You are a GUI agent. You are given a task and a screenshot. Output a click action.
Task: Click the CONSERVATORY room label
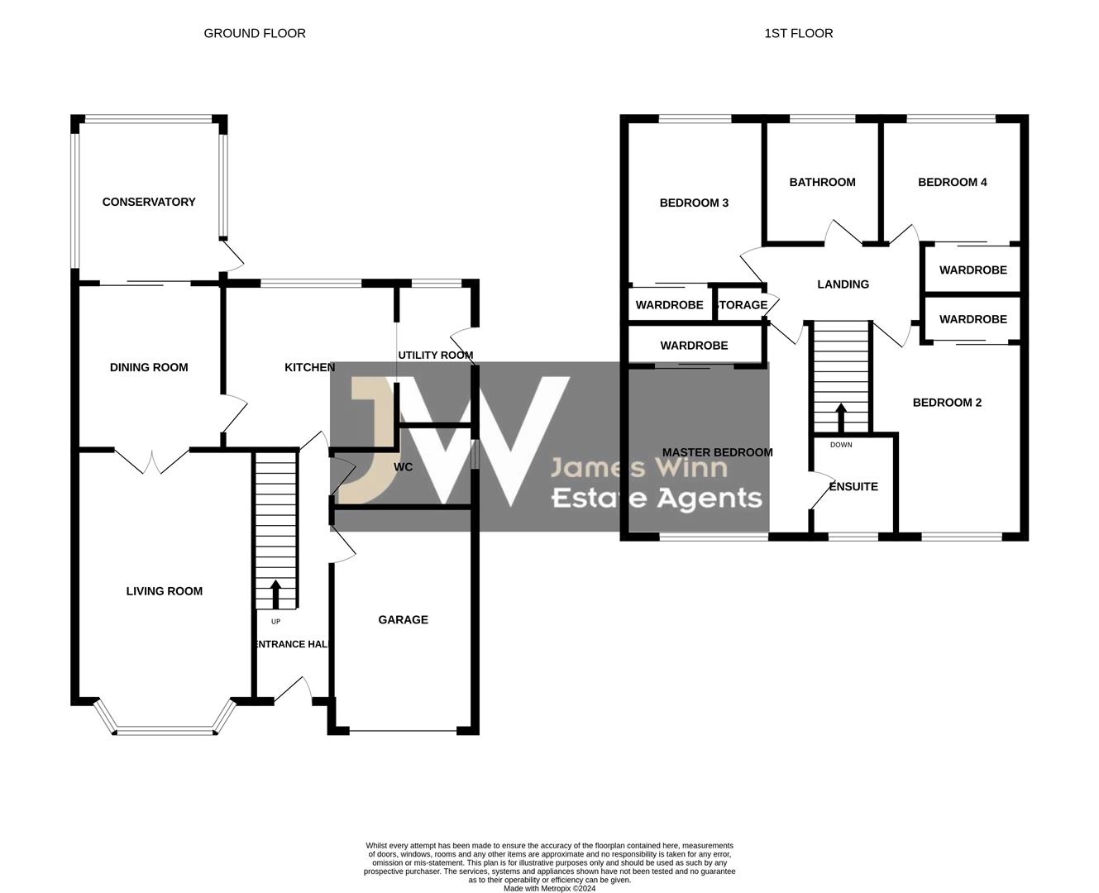149,202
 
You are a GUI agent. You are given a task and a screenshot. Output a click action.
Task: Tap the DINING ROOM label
149,367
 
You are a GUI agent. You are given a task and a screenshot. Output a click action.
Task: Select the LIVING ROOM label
164,591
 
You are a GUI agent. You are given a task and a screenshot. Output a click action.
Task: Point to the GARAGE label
403,619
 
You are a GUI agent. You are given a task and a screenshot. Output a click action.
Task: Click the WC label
403,467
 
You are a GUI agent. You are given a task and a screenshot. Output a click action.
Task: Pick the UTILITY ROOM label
436,355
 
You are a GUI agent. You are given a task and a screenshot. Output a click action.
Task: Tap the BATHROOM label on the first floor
822,182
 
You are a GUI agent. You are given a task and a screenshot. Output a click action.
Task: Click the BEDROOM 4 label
952,182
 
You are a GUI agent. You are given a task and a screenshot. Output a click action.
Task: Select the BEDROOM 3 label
694,203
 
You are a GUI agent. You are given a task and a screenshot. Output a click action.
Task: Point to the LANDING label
843,284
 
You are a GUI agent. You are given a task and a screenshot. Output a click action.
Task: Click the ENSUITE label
853,486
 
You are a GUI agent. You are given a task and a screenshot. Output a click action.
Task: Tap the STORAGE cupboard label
742,305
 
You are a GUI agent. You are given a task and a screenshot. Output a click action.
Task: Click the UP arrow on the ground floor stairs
275,595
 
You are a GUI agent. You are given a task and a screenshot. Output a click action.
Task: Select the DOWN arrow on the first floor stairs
841,418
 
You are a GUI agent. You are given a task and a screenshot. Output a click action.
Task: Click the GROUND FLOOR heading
255,34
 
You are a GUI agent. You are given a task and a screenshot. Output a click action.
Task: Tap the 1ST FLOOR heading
798,34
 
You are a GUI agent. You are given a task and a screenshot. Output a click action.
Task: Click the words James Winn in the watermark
639,467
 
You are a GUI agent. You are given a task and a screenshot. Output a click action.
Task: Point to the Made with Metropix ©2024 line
549,888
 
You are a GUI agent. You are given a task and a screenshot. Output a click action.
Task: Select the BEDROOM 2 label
947,403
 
